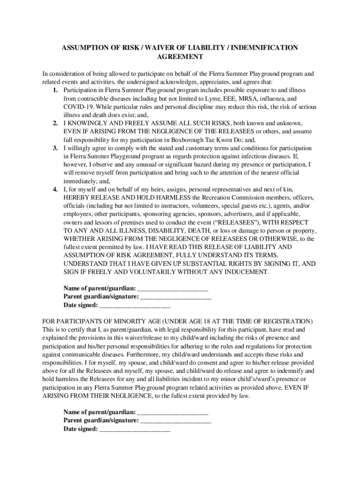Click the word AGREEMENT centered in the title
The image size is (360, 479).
[x=180, y=57]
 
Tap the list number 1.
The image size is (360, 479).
[x=55, y=90]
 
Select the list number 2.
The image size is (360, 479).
[x=55, y=123]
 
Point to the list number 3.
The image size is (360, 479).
[x=55, y=148]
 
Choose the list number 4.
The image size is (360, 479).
[x=55, y=189]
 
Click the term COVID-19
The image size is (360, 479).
[x=77, y=107]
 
